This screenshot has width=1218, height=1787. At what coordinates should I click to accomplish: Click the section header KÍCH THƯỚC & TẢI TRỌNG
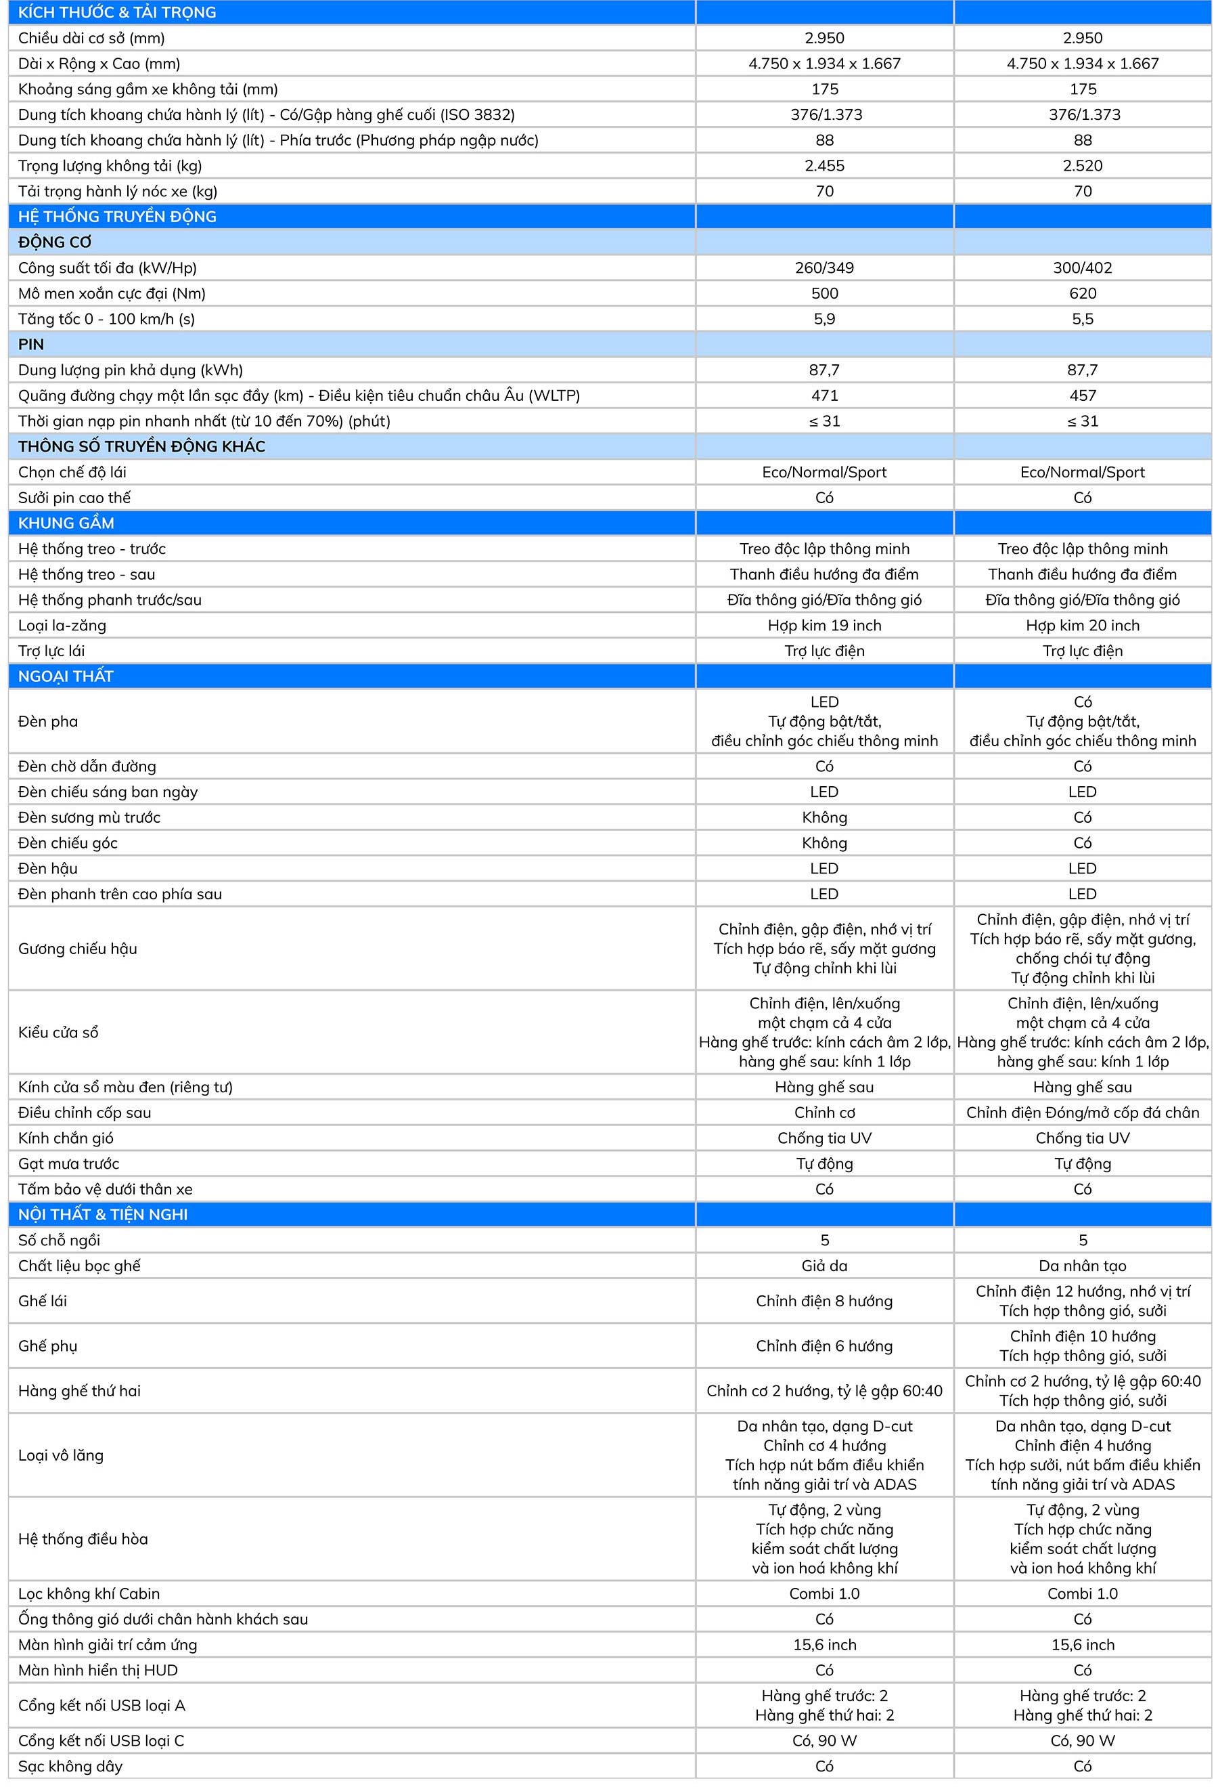[117, 12]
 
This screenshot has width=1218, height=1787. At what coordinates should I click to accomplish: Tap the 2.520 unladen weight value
[1082, 165]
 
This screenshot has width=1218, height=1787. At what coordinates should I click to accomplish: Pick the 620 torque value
[1082, 293]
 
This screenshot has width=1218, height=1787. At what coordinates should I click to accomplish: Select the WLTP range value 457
[1082, 395]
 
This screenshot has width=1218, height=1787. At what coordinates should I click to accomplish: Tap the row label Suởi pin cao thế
[74, 498]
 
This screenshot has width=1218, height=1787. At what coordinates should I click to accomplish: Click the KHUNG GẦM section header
[66, 523]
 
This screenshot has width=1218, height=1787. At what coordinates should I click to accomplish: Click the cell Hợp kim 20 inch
[1082, 625]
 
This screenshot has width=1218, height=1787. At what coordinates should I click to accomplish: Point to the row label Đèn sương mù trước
[89, 817]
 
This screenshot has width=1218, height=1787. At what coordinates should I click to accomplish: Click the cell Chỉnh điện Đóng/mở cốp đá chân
[1082, 1112]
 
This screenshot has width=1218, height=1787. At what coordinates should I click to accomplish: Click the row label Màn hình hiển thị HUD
[97, 1670]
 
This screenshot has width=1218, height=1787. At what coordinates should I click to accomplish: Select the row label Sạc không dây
[70, 1766]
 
